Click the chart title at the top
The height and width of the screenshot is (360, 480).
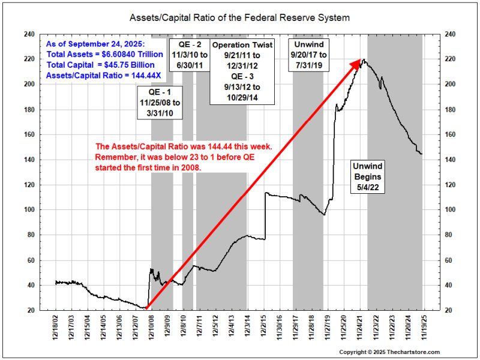coord(239,18)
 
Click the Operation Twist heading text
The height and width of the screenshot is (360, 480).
coord(242,45)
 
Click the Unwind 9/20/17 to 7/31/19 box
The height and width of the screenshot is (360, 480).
coord(307,55)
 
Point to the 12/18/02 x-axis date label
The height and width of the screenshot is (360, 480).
coord(56,329)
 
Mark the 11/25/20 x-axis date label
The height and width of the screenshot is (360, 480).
coord(344,329)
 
